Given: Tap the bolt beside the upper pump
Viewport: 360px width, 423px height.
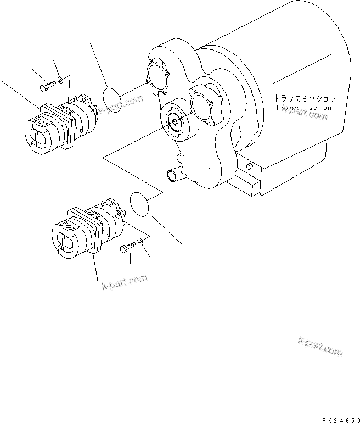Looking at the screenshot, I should (x=47, y=87).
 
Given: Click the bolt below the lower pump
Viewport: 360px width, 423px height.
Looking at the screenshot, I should (x=126, y=249).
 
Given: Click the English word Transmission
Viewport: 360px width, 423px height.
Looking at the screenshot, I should (x=305, y=108).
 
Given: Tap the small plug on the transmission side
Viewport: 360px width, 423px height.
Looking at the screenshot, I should (x=250, y=166).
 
